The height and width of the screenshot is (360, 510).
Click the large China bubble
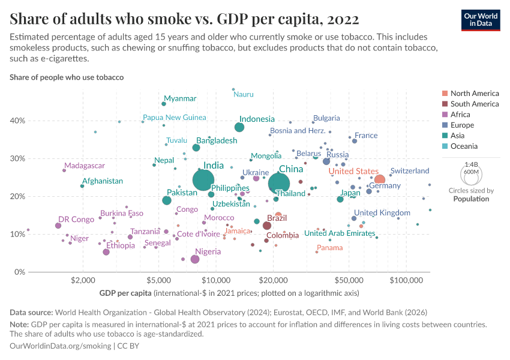280,184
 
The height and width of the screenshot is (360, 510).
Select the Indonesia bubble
239,127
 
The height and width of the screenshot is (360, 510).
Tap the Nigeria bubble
194,259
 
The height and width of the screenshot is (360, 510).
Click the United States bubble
379,179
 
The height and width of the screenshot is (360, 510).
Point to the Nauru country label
244,94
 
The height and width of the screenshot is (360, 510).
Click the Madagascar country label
85,166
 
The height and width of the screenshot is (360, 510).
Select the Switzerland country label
410,171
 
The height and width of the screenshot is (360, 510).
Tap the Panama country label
330,248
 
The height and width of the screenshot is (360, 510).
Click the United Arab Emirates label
340,233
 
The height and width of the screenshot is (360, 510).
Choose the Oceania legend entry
464,146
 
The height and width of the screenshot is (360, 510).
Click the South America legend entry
474,104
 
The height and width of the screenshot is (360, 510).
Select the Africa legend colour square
444,115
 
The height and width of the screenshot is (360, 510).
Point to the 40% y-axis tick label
17,121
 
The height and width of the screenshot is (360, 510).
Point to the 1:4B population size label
471,164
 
